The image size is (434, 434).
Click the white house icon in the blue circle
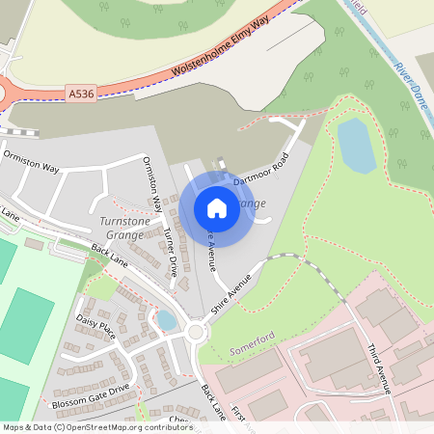click(x=217, y=207)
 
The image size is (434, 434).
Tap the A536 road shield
click(x=81, y=94)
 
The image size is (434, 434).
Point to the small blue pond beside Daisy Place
click(x=166, y=319)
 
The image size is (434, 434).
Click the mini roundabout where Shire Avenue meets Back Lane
click(x=197, y=333)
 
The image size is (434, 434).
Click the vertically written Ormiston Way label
click(x=151, y=184)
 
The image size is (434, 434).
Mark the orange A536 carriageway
click(x=145, y=77)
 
